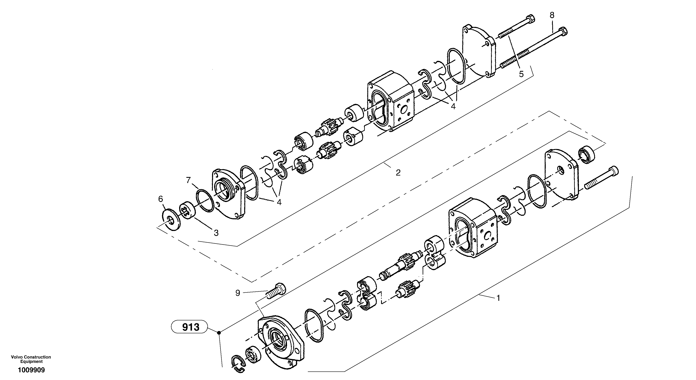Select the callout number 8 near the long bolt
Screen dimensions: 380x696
tap(552, 15)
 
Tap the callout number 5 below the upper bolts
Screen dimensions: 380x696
tap(521, 74)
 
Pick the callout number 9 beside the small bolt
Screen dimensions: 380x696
tap(237, 293)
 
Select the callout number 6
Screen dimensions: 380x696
tap(160, 199)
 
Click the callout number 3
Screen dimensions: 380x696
tap(216, 233)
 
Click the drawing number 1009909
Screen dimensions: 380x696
tap(31, 370)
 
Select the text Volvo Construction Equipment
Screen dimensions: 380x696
tap(31, 359)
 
